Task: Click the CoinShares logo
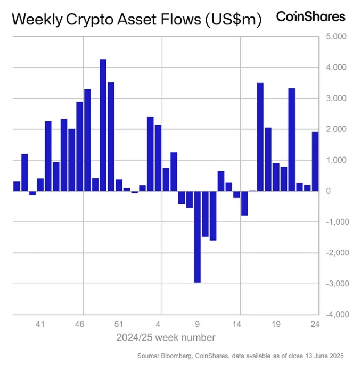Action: (x=310, y=16)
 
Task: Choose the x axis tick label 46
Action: (x=79, y=324)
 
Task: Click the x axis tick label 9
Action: (x=198, y=324)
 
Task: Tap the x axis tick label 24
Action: (x=315, y=324)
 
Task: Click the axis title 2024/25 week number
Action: (x=166, y=337)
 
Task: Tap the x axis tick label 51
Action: (x=119, y=324)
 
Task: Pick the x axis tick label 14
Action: (x=236, y=324)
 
